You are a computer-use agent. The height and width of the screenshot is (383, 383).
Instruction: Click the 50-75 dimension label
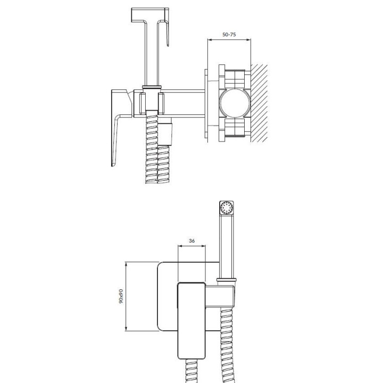pos(229,35)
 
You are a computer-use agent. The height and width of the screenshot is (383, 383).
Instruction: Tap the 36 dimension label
pos(192,240)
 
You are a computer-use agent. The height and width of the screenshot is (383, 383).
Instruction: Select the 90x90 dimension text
pos(121,296)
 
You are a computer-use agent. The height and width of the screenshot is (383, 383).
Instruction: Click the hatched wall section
pos(259,103)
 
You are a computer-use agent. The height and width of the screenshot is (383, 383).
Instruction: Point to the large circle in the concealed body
pos(235,103)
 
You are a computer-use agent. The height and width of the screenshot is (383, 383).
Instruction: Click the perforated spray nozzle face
pos(227,208)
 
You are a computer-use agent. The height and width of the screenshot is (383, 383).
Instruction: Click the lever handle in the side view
pos(119,128)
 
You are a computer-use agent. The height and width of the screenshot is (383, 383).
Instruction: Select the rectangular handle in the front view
pos(191,321)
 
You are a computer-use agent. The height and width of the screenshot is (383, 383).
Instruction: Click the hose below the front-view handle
pos(192,371)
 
